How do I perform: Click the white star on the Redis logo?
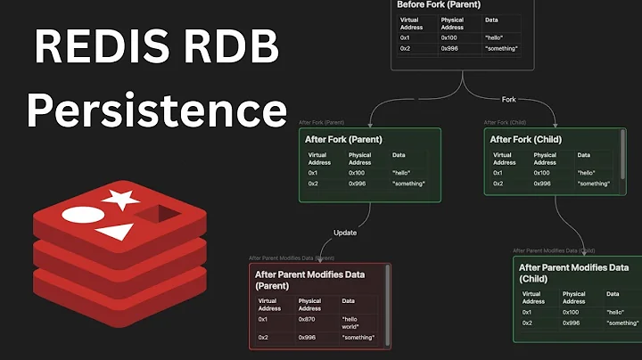point(121,199)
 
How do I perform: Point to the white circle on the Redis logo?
point(79,216)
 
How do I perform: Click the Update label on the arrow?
point(345,233)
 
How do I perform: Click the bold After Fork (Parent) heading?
point(342,139)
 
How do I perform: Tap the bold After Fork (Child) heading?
point(526,139)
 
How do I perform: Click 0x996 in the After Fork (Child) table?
point(544,184)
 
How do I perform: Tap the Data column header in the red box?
point(348,301)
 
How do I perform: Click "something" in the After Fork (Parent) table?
point(408,184)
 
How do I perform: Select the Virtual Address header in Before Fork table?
point(412,22)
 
